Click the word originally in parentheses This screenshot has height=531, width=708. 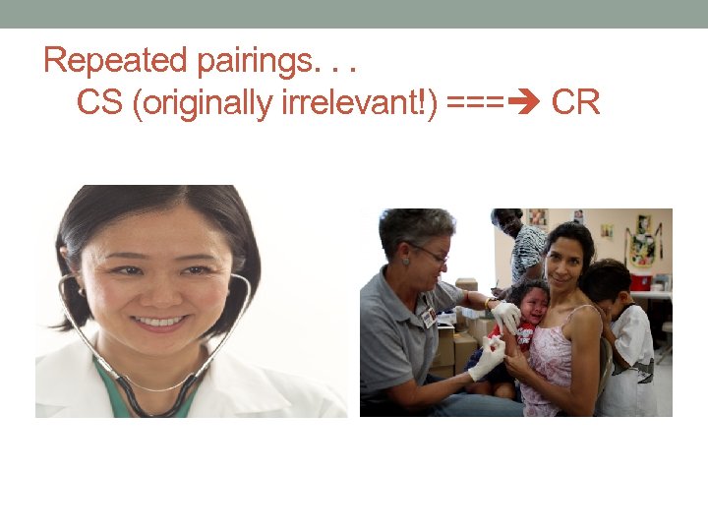206,102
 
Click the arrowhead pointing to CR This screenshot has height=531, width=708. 529,102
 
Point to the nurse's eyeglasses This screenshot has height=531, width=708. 431,253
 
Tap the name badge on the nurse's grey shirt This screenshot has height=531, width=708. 429,318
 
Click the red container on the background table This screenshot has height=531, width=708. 640,281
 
